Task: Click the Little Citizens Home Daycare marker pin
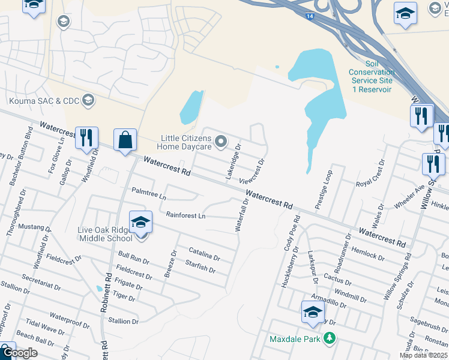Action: pyautogui.click(x=221, y=142)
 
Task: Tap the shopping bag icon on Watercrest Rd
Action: pyautogui.click(x=125, y=140)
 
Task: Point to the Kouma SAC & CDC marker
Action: pyautogui.click(x=89, y=100)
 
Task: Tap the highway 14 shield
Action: pyautogui.click(x=309, y=17)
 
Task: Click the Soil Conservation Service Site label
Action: pyautogui.click(x=372, y=77)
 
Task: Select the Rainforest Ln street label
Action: pyautogui.click(x=185, y=215)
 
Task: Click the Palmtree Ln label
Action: pyautogui.click(x=149, y=194)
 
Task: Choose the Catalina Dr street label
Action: pyautogui.click(x=204, y=254)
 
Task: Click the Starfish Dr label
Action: pyautogui.click(x=200, y=266)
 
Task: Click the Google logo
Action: pyautogui.click(x=20, y=353)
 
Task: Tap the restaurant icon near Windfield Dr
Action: pyautogui.click(x=86, y=138)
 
